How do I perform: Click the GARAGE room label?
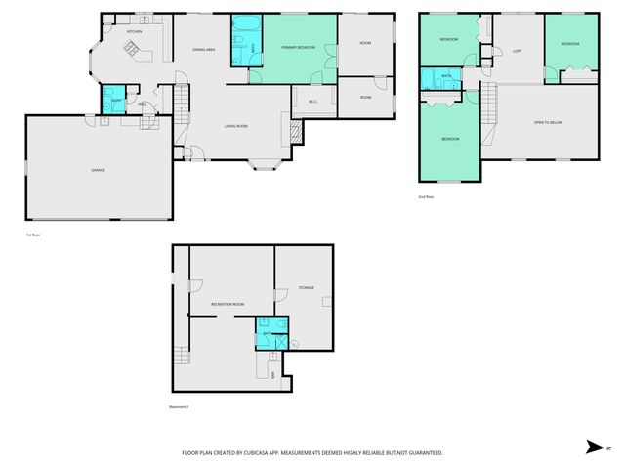[98, 170]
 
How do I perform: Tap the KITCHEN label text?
[135, 31]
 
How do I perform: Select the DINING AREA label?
[204, 50]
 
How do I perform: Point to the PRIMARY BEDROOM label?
[298, 47]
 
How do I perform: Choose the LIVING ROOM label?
[235, 126]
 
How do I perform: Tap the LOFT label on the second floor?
[518, 51]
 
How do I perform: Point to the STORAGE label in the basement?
[307, 288]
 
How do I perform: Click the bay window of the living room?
[264, 162]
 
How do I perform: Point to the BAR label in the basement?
[272, 373]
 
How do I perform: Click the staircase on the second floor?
[489, 104]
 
